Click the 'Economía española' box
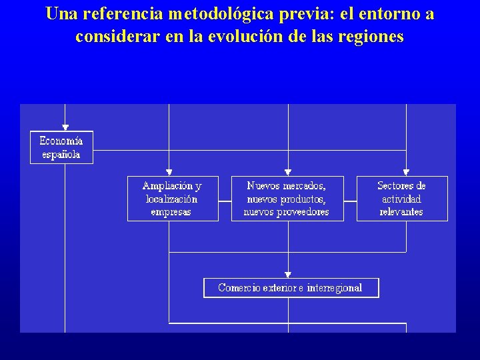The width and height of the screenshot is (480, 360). pos(61,147)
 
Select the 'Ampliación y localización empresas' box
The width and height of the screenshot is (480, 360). pos(172,199)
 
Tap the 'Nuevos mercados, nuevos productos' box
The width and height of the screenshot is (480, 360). pos(287,199)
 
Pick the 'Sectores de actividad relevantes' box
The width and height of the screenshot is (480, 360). pos(401,199)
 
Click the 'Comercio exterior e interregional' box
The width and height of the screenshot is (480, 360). pos(291,288)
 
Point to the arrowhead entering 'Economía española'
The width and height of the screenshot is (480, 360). pos(65,127)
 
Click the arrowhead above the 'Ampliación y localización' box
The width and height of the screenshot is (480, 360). pos(169,172)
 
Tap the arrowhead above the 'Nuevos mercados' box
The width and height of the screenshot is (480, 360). pos(288,172)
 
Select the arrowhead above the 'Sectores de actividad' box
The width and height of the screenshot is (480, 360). pos(406,172)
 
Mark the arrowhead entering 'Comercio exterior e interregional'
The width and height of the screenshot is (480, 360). pos(288,274)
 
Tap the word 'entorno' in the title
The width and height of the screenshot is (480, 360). pos(388,15)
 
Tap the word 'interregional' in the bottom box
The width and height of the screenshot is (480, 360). pos(335,288)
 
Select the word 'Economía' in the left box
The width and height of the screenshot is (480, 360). pos(61,141)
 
